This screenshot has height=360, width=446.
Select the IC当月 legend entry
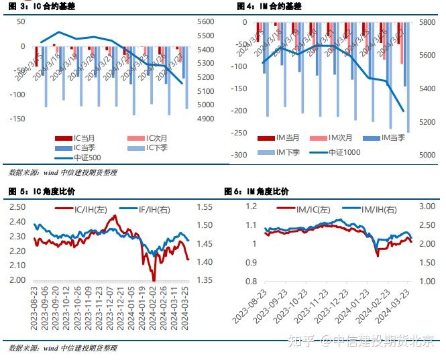pyautogui.click(x=84, y=138)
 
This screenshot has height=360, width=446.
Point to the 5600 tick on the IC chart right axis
pyautogui.click(x=205, y=21)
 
